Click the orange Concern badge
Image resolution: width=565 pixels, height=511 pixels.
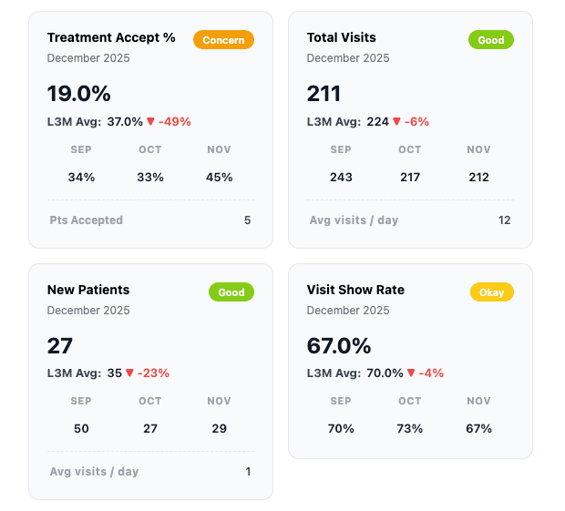click(x=223, y=40)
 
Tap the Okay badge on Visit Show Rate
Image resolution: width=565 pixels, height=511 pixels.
click(x=492, y=292)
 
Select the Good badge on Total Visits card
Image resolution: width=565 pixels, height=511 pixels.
click(x=491, y=40)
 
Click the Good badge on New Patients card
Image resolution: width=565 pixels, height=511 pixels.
click(x=231, y=292)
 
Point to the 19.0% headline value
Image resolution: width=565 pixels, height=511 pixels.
click(x=79, y=94)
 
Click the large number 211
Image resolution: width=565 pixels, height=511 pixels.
click(x=324, y=94)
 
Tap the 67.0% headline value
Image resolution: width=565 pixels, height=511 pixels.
click(x=339, y=346)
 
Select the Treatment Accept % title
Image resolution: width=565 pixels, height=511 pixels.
click(x=111, y=38)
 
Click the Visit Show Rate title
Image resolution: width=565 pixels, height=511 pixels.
click(x=355, y=290)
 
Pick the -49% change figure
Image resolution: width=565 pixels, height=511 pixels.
click(x=175, y=121)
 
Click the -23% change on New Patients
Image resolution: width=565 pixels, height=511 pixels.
click(x=153, y=373)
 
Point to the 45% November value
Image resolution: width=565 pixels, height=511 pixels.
click(x=220, y=177)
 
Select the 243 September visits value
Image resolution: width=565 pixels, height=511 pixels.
click(x=341, y=177)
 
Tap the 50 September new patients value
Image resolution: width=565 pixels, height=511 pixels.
click(x=81, y=428)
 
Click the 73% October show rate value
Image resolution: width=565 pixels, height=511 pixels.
click(x=410, y=428)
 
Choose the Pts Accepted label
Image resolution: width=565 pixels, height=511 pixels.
click(x=87, y=220)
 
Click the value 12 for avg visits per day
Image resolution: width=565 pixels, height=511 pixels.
click(x=505, y=220)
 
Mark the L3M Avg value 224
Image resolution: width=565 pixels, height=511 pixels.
click(x=378, y=121)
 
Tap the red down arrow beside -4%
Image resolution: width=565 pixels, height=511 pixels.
click(x=412, y=373)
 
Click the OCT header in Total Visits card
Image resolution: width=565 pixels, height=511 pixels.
click(x=410, y=149)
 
